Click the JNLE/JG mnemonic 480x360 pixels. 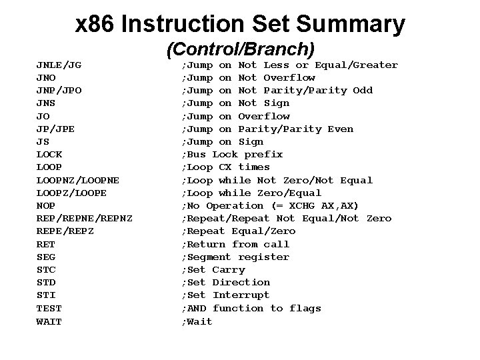(59, 65)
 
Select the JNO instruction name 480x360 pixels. (46, 78)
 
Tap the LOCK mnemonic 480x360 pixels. (49, 155)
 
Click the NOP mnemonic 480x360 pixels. (46, 206)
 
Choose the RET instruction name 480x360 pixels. (46, 245)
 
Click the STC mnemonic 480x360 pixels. (46, 270)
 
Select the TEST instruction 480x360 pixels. (49, 309)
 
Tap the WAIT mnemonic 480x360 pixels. (49, 321)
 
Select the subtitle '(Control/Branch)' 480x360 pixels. (240, 49)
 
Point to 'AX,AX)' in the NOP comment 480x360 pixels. (339, 206)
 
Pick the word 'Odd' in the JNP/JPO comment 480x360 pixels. (363, 91)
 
